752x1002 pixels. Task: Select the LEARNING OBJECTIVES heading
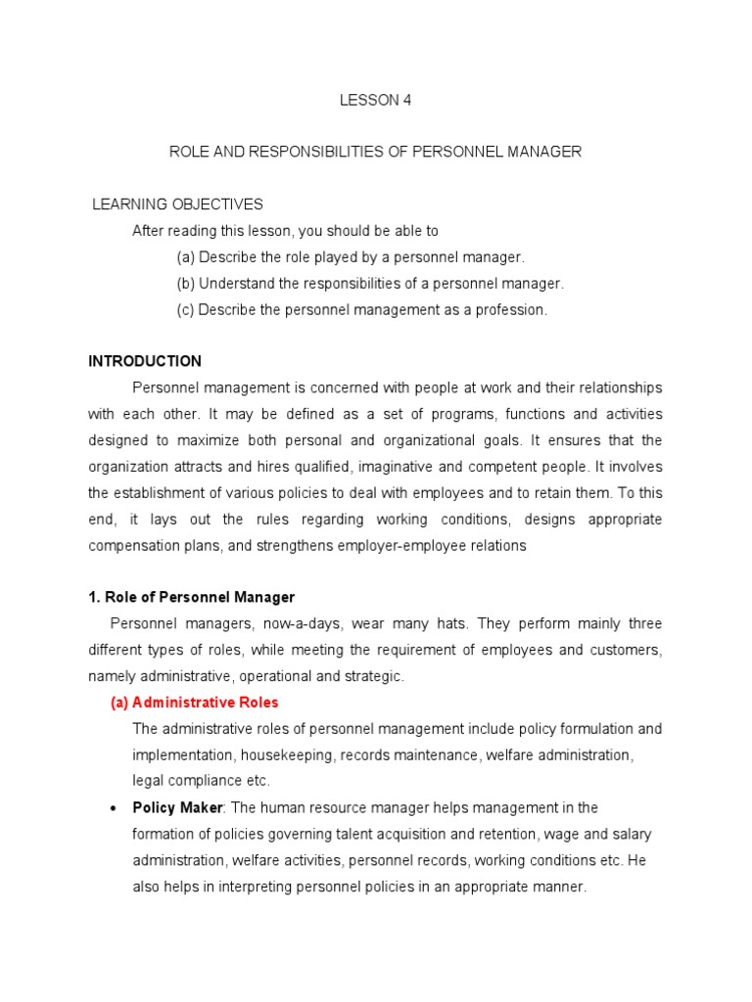coord(177,205)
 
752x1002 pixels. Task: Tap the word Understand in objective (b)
coord(235,284)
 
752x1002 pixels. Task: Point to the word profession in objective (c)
coord(511,310)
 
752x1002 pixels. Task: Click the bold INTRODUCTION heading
coord(145,361)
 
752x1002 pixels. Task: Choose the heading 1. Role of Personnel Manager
coord(191,597)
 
